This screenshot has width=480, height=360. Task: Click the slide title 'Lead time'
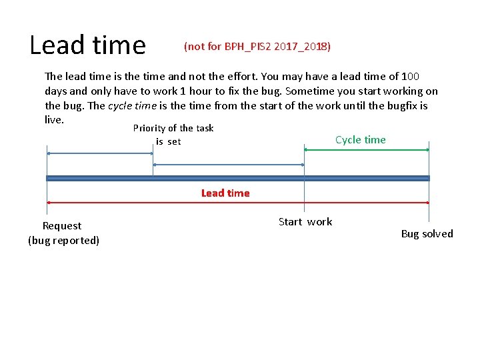[87, 45]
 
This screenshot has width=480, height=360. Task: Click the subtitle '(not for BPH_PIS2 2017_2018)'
[257, 47]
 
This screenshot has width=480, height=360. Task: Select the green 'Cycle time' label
[360, 140]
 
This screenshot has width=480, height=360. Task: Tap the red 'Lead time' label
[225, 193]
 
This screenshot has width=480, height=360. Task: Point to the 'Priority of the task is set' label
[173, 135]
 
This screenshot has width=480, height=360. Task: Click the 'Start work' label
[305, 222]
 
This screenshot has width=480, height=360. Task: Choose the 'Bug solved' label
[427, 234]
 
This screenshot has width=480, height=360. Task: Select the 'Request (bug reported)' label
[63, 233]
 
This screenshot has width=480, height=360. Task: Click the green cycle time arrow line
[367, 151]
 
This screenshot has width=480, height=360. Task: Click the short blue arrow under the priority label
[100, 153]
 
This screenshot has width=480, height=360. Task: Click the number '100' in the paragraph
[410, 77]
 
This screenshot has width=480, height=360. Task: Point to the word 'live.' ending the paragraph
[54, 119]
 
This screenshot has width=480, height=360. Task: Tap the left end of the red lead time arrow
[49, 202]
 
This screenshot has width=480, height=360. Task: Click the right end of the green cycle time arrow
[427, 151]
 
